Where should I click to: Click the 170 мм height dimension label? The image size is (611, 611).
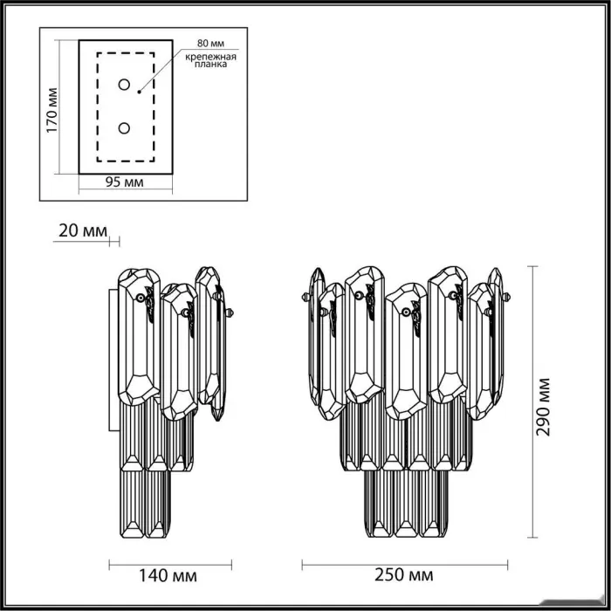coord(51,110)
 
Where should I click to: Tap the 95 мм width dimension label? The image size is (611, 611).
coord(124,182)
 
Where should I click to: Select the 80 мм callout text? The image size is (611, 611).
coord(210,44)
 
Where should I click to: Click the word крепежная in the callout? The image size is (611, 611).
coord(210,57)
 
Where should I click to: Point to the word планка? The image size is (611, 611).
coord(210,65)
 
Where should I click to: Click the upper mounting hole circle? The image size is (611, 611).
coord(124,84)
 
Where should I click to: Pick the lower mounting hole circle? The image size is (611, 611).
coord(124,128)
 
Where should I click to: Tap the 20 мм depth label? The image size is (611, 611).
coord(83,230)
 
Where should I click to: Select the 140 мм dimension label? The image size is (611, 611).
coord(168,575)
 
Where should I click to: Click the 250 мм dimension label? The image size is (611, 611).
coord(403,575)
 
